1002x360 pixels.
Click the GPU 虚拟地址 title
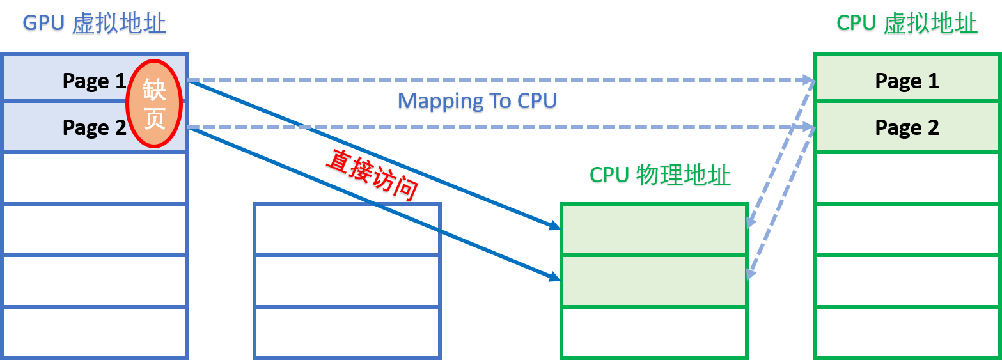(x=94, y=24)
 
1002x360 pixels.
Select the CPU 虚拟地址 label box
(x=907, y=24)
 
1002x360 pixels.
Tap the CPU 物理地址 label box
(x=660, y=175)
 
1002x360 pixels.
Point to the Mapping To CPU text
(x=477, y=102)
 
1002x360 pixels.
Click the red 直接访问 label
(x=372, y=176)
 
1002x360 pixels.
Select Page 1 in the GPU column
(x=94, y=81)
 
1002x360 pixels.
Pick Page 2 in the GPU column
(x=94, y=127)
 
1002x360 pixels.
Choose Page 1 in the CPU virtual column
(x=907, y=81)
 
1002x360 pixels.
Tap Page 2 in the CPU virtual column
(x=907, y=127)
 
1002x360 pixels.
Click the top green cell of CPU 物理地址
(x=654, y=230)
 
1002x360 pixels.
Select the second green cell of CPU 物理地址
(x=654, y=281)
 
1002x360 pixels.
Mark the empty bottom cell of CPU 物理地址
(x=654, y=331)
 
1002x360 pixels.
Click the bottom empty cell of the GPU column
(x=94, y=333)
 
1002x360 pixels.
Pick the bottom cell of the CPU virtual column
(x=907, y=333)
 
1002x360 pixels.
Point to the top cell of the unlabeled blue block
(x=347, y=229)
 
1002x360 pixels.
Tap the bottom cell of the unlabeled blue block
(x=347, y=333)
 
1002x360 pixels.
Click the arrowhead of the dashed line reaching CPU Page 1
(x=809, y=81)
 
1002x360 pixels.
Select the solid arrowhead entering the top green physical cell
(x=554, y=226)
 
